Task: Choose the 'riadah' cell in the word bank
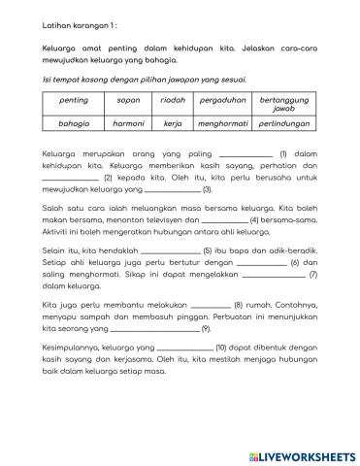(173, 99)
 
